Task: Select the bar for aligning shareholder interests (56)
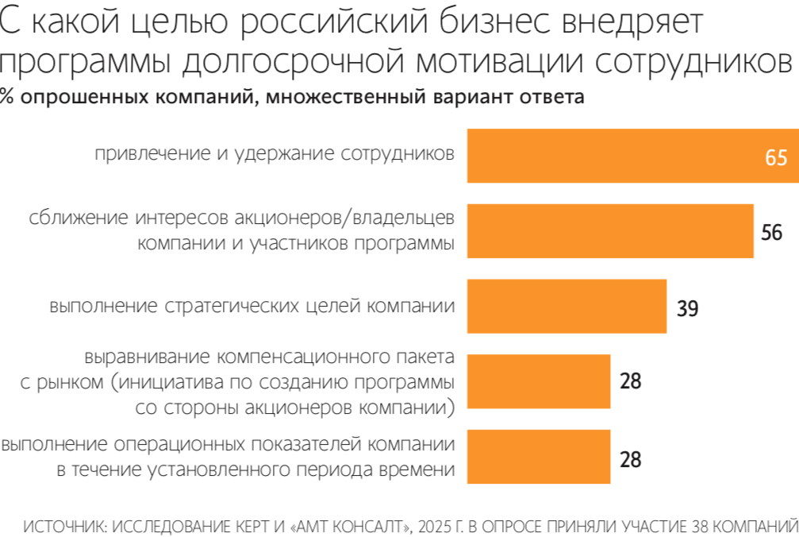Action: [x=609, y=231]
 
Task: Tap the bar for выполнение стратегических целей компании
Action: [x=566, y=306]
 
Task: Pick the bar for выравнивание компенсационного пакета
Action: [x=538, y=381]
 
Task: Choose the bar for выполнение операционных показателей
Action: [x=538, y=457]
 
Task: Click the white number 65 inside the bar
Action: [x=775, y=157]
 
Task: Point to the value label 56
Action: [x=771, y=233]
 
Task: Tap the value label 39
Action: [x=687, y=308]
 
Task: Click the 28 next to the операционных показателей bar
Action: [x=630, y=458]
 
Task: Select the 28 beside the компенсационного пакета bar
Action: [x=630, y=381]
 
